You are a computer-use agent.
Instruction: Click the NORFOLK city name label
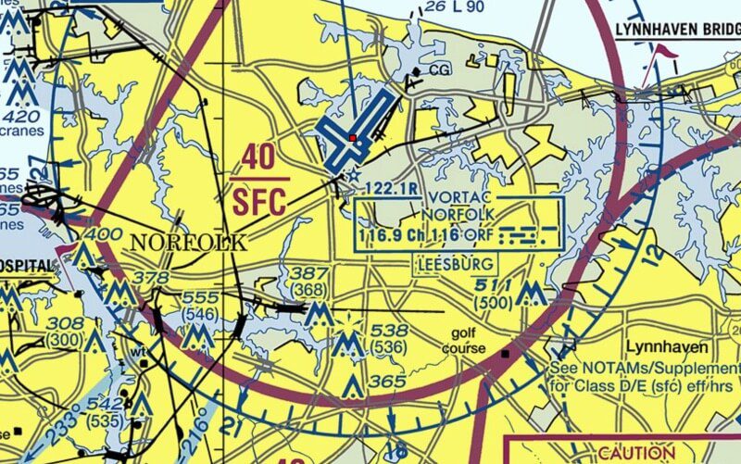point(189,244)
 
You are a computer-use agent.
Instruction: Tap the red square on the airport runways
point(352,139)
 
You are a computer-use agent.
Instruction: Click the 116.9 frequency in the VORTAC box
point(381,236)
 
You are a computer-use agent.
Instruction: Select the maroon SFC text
point(260,199)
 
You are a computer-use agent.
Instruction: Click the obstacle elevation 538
point(389,331)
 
